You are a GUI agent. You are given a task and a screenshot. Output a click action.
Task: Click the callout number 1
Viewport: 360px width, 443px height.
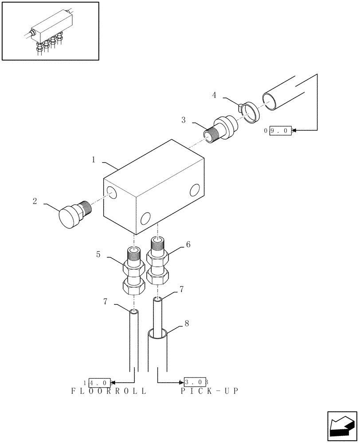94,160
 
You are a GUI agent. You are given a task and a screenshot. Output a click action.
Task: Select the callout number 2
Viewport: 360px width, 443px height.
35,201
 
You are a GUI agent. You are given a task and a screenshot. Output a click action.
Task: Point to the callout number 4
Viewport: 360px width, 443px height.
214,95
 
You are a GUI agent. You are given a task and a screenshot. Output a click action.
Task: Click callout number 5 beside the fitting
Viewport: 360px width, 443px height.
98,254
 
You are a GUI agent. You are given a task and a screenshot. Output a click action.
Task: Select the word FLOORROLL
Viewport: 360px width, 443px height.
109,392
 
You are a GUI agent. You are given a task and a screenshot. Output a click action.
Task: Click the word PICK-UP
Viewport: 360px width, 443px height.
209,392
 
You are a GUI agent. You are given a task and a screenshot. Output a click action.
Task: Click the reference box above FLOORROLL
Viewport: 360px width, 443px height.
99,381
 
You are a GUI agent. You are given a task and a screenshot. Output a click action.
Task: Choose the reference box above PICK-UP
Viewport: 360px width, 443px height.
196,381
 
